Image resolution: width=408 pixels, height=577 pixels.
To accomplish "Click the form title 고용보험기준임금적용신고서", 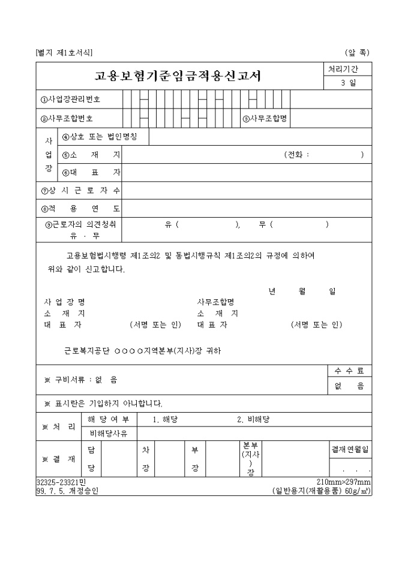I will tap(178, 76).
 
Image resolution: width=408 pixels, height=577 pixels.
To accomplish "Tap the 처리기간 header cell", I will tap(347, 69).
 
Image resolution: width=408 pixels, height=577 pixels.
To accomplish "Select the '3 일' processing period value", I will tap(347, 83).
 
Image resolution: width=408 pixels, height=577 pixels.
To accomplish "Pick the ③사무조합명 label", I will tap(265, 118).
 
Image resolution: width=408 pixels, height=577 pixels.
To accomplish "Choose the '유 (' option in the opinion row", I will tap(172, 225).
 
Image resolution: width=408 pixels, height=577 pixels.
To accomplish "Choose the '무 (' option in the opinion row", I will tap(266, 225).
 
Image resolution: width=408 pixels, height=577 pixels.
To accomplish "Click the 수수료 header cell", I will tap(349, 371).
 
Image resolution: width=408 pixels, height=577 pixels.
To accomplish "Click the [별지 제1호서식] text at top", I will tap(64, 52).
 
